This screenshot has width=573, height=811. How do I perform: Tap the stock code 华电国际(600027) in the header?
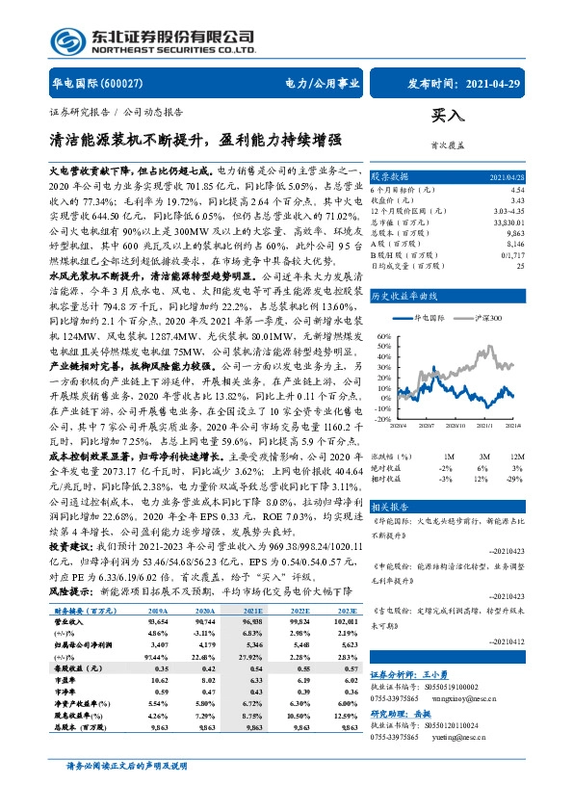[x=89, y=84]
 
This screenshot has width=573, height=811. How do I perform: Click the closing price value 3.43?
[x=518, y=200]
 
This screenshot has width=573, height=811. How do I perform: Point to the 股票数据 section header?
[x=391, y=177]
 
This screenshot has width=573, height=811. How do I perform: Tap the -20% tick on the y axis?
[x=383, y=419]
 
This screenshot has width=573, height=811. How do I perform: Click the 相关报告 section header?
[x=391, y=505]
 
